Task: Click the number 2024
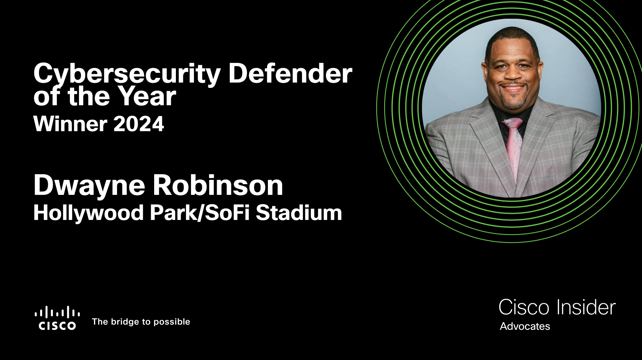(x=138, y=124)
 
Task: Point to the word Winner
(x=70, y=124)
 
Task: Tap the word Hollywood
(x=89, y=213)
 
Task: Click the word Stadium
(x=299, y=213)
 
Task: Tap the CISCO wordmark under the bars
(x=57, y=326)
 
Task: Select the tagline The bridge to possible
(x=141, y=322)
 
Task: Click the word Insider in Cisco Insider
(x=586, y=307)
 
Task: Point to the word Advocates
(x=525, y=326)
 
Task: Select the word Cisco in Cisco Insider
(x=524, y=307)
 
